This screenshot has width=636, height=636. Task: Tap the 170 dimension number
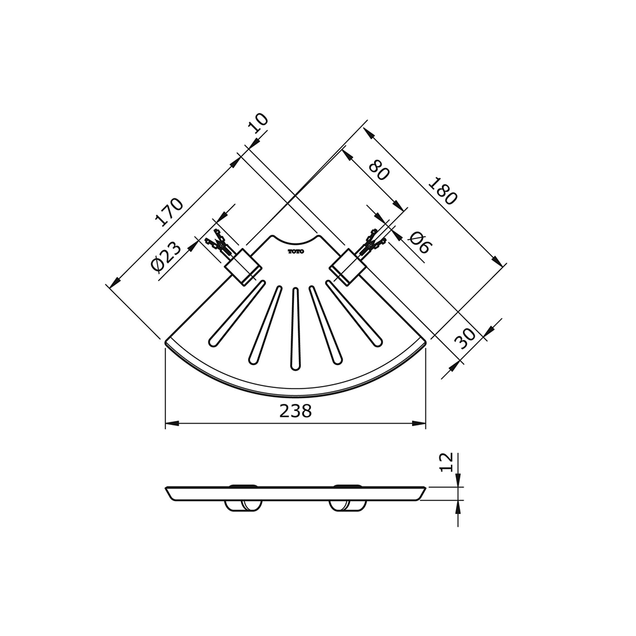pyautogui.click(x=169, y=212)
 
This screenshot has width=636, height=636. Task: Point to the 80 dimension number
pyautogui.click(x=379, y=170)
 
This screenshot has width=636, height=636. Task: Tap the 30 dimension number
pyautogui.click(x=465, y=339)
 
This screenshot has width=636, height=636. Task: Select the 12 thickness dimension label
pyautogui.click(x=446, y=462)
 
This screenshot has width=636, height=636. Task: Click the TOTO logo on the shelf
pyautogui.click(x=296, y=251)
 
